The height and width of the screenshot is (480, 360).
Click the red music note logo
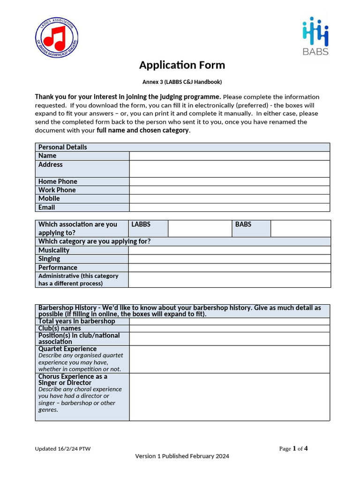[57, 37]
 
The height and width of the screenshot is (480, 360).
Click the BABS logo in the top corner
[315, 37]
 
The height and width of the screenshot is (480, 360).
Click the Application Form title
[182, 65]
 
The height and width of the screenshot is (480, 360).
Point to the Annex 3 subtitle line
[182, 82]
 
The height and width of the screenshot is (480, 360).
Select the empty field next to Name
[229, 156]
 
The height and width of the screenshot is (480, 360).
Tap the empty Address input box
[229, 169]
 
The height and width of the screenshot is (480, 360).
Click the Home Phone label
[58, 181]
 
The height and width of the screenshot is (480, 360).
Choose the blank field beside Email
[229, 207]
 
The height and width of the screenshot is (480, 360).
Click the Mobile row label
[49, 198]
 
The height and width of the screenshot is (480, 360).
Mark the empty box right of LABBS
[200, 228]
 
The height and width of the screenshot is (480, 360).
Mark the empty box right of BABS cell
[300, 228]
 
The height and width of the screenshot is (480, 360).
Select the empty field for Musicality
[229, 250]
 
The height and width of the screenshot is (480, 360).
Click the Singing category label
[49, 259]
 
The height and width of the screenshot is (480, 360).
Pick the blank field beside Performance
[229, 268]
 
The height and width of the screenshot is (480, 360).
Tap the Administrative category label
[78, 279]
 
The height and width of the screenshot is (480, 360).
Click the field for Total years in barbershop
[229, 322]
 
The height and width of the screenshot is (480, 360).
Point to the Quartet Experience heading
[67, 349]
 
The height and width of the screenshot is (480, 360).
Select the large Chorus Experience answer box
[229, 397]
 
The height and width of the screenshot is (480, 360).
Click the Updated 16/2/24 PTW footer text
[63, 449]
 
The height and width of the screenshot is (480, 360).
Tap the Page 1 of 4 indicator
[293, 449]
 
